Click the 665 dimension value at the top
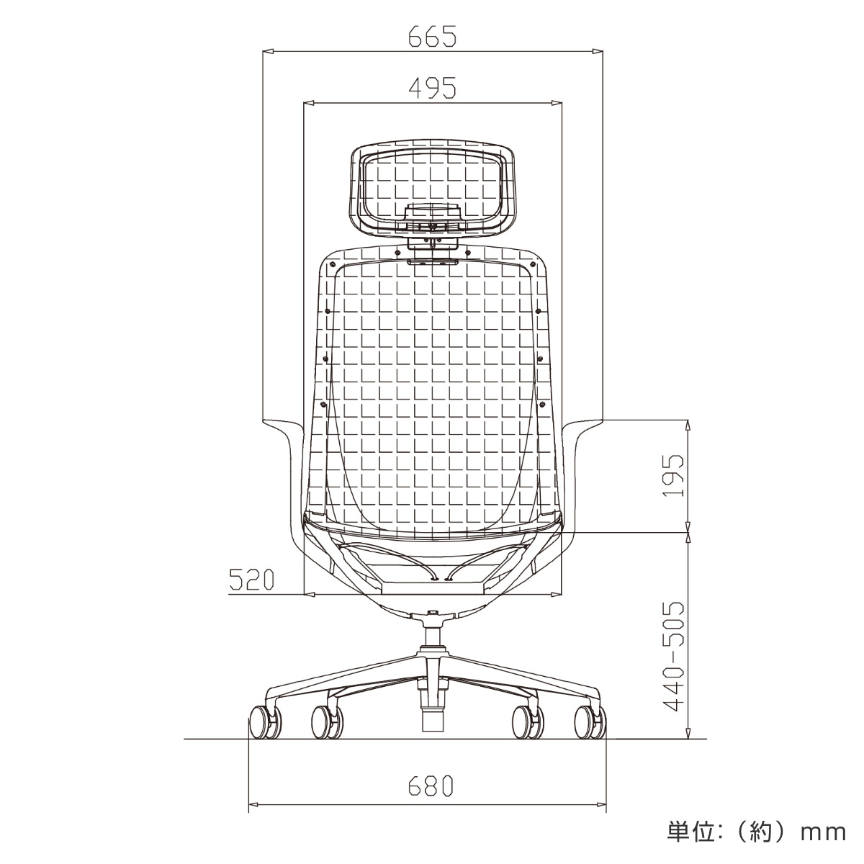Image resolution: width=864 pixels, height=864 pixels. pyautogui.click(x=432, y=36)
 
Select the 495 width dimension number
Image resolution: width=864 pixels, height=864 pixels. pyautogui.click(x=432, y=88)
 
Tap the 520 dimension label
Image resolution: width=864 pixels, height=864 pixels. pyautogui.click(x=251, y=580)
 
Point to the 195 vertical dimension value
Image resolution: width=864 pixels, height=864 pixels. pyautogui.click(x=673, y=475)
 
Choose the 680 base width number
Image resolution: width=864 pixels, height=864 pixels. pyautogui.click(x=431, y=786)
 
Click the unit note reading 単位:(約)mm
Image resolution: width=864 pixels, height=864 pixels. pyautogui.click(x=756, y=832)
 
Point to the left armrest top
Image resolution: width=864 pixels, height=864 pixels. pyautogui.click(x=279, y=423)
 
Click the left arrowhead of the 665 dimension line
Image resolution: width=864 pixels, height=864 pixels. pyautogui.click(x=268, y=52)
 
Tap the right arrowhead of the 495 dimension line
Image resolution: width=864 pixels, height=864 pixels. pyautogui.click(x=556, y=104)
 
